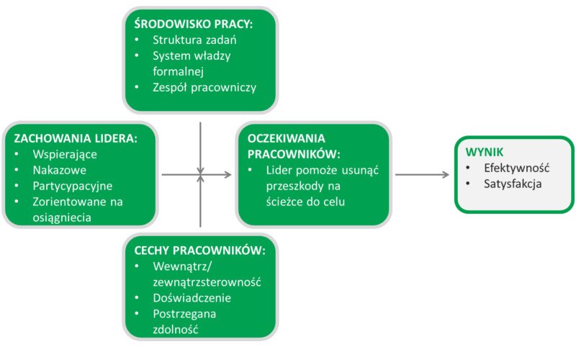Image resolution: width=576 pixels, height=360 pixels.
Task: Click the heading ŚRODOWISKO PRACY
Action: click(x=194, y=23)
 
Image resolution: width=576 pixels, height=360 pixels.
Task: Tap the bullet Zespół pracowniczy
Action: click(x=204, y=88)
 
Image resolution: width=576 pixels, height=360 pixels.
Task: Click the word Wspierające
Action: click(x=66, y=154)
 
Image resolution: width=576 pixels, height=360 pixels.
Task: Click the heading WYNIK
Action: click(x=485, y=152)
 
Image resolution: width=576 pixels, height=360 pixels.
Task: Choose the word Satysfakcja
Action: click(x=513, y=184)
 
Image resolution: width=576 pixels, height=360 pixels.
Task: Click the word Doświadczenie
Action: click(x=192, y=297)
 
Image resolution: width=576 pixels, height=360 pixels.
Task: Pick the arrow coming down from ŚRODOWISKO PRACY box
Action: click(x=200, y=148)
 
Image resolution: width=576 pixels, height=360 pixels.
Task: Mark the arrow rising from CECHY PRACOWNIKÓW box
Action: click(x=200, y=205)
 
